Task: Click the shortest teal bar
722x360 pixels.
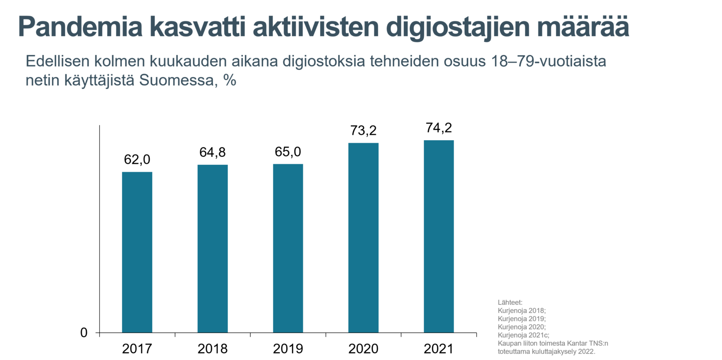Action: pos(137,252)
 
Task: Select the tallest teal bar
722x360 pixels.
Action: pos(438,236)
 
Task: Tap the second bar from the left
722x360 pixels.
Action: pos(212,248)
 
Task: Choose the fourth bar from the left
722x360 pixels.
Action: pos(363,237)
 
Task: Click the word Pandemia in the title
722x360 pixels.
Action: pos(80,27)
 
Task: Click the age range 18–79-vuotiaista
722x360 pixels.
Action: pos(549,61)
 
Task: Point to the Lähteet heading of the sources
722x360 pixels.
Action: pos(510,302)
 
